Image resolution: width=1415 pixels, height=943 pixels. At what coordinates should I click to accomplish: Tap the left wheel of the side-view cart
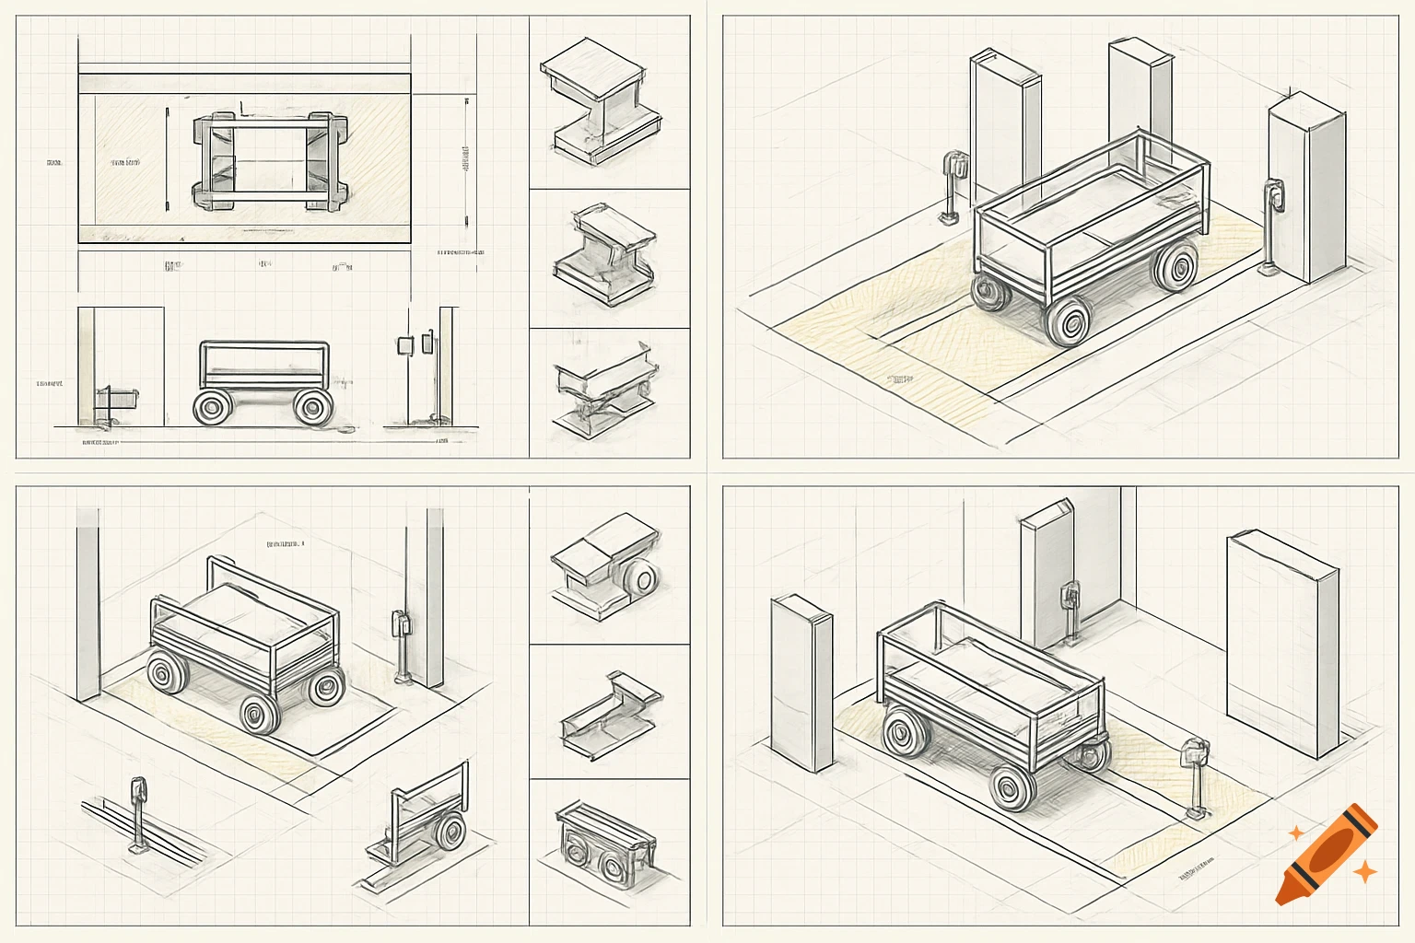point(213,406)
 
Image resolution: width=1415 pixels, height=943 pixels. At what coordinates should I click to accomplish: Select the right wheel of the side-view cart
point(313,406)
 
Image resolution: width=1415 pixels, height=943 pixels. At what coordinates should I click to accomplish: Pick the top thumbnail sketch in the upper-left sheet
point(601,100)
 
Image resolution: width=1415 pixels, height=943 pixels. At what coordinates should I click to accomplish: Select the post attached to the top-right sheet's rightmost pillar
point(1272,227)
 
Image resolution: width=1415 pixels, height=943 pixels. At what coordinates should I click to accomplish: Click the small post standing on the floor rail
point(138,816)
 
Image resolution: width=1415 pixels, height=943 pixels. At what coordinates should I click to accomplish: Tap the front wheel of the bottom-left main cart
point(261,713)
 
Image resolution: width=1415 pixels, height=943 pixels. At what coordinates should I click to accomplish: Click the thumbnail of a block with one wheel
point(606,569)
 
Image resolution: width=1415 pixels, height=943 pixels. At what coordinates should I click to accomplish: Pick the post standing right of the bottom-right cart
point(1196,778)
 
